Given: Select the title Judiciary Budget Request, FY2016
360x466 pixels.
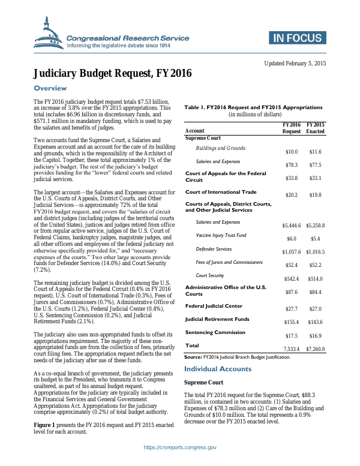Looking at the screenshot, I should click(x=112, y=74).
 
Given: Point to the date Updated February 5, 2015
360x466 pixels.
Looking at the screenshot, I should click(x=295, y=63).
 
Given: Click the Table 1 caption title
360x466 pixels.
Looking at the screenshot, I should click(x=253, y=107).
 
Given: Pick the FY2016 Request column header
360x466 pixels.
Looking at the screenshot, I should click(x=292, y=127).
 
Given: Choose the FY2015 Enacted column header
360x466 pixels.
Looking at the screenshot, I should click(x=315, y=127).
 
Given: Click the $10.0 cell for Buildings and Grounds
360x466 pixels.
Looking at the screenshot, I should click(x=291, y=152).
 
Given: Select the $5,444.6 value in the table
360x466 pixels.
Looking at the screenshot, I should click(x=291, y=226).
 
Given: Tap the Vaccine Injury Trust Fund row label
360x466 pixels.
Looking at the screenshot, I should click(x=221, y=235).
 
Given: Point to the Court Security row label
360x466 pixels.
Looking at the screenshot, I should click(x=210, y=275).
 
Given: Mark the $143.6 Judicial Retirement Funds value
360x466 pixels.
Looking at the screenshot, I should click(x=315, y=322).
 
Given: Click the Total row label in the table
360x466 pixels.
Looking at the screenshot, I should click(x=192, y=345).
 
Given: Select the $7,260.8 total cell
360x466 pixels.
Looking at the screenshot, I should click(x=315, y=348).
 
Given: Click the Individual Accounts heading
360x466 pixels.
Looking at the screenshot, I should click(x=217, y=369).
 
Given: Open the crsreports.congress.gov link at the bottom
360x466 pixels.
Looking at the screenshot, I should click(x=180, y=447).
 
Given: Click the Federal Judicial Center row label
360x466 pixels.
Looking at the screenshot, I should click(x=214, y=306).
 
